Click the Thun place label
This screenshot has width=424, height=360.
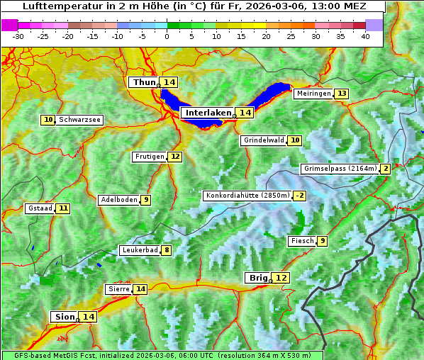coord(144,83)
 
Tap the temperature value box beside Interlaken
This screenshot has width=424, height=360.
coord(245,113)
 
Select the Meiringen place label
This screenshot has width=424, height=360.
coord(313,94)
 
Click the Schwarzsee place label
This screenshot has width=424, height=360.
coord(79,120)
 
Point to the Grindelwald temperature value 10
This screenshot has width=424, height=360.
coord(295,140)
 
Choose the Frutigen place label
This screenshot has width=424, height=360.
coord(149,157)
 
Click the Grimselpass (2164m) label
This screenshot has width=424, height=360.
coord(340,169)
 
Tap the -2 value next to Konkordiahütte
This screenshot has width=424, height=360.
coord(300,196)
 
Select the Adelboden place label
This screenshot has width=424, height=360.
coord(118,200)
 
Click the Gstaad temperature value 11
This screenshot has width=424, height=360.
coord(63,208)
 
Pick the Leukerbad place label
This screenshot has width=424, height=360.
coord(139,250)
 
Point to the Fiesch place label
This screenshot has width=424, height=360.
coord(301,241)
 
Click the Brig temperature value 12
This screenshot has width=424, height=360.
coord(281,278)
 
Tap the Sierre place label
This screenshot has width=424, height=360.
coord(118,289)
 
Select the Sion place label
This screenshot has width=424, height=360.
coord(64,317)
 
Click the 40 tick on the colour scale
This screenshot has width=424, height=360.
coord(365,36)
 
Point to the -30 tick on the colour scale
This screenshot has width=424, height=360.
coord(18,36)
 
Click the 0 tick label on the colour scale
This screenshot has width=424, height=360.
coord(167,36)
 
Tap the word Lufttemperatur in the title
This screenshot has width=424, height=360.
coord(55,6)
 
